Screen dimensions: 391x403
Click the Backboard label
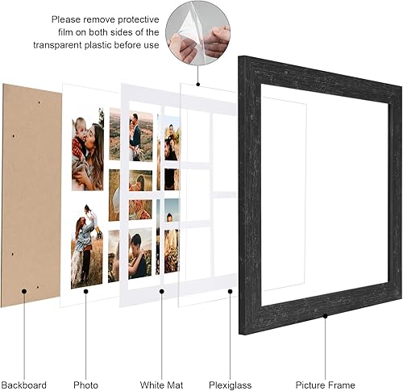tap(24, 385)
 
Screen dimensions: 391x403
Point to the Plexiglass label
tap(231, 385)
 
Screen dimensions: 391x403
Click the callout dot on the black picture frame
tap(326, 317)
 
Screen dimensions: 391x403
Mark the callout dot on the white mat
tap(162, 291)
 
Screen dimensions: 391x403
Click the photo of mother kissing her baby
tap(87, 148)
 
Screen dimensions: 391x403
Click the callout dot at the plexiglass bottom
tap(231, 291)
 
